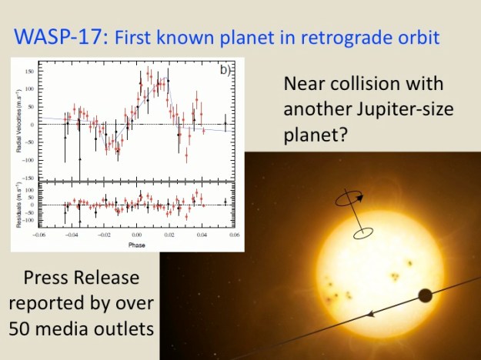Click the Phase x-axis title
135,245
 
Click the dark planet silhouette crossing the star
424,295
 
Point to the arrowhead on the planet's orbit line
371,314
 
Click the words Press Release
82,276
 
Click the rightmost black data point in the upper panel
225,122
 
